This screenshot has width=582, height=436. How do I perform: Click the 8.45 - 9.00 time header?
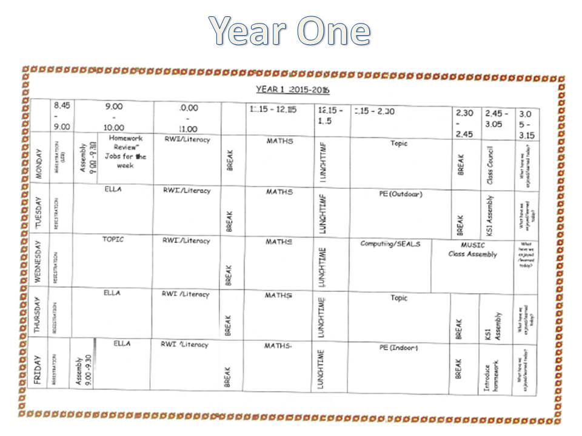pos(62,116)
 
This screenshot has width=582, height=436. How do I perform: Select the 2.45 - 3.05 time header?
pos(497,118)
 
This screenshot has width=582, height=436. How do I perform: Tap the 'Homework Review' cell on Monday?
pos(125,151)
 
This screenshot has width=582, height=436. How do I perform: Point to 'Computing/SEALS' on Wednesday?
pos(390,244)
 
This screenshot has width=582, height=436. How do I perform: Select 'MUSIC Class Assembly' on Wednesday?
pos(473,249)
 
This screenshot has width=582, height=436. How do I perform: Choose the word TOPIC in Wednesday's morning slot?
pos(113,239)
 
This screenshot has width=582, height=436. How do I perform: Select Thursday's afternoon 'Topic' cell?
pos(399,298)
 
